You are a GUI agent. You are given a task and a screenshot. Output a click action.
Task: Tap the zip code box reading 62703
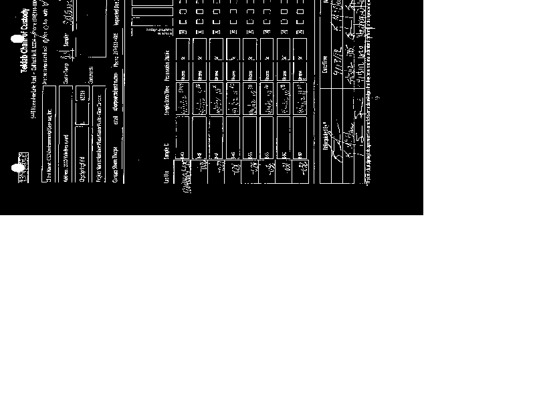[82, 96]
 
